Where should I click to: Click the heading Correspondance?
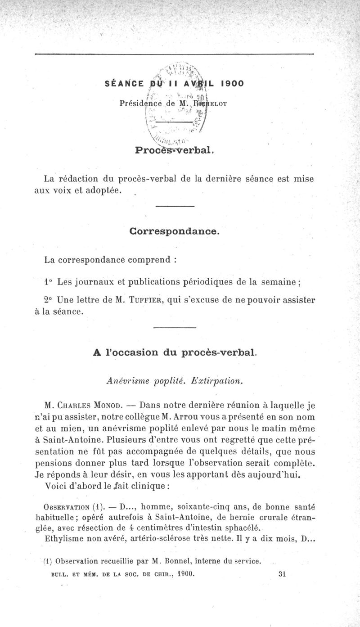175,232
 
